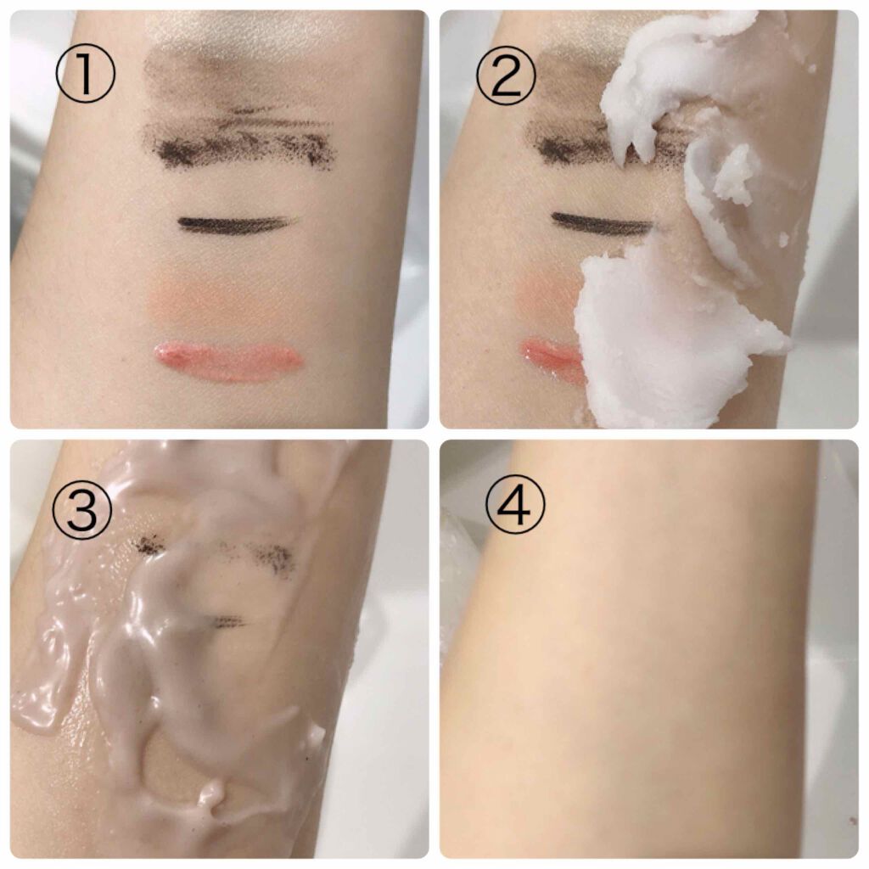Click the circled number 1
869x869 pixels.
(86, 74)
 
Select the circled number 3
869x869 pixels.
(82, 510)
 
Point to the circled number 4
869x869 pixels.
(515, 504)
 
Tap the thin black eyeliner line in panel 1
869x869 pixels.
(236, 223)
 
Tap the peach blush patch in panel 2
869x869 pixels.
(549, 300)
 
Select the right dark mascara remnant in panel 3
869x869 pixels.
(272, 557)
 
